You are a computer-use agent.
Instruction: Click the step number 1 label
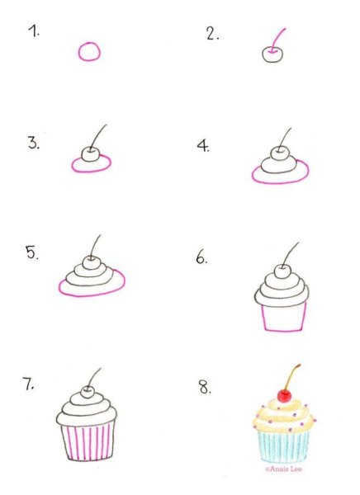pos(34,31)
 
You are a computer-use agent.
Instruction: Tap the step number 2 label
pos(212,34)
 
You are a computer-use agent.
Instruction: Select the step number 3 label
pos(34,143)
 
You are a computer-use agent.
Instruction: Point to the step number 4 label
pos(203,146)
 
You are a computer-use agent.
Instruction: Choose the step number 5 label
pos(32,253)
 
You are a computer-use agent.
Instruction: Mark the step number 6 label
pos(201,257)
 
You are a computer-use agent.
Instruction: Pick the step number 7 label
pos(28,384)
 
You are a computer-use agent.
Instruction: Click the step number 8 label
pos(205,387)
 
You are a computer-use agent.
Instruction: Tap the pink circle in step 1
pos(79,51)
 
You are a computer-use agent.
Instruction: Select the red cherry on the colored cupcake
pos(285,396)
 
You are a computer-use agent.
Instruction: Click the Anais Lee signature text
pos(283,469)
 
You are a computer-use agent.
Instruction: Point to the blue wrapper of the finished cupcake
pos(283,446)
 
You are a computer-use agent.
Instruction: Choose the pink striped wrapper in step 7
pos(88,442)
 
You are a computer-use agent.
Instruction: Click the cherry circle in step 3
pos(83,154)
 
